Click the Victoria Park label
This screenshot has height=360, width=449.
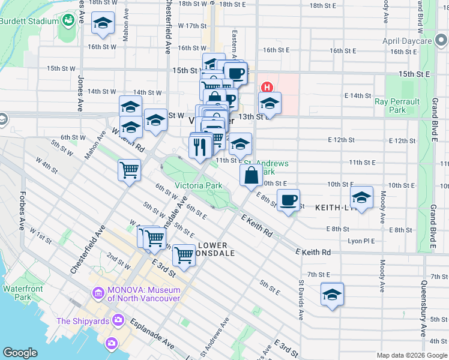[198, 185]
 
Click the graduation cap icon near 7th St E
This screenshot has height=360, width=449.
[331, 294]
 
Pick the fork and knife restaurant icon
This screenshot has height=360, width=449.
[199, 146]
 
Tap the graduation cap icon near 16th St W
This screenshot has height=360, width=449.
[103, 24]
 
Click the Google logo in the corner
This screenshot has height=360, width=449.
[20, 353]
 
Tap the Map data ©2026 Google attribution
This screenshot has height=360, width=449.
[412, 355]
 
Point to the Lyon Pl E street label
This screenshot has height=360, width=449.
[361, 241]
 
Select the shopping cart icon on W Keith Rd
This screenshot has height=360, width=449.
[130, 170]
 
